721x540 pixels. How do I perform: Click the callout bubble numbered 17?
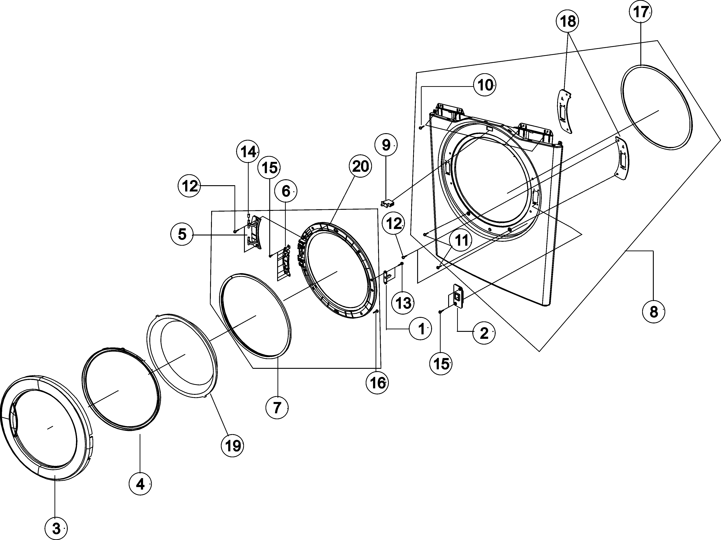[x=640, y=13]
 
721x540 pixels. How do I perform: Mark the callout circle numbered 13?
[x=403, y=303]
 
